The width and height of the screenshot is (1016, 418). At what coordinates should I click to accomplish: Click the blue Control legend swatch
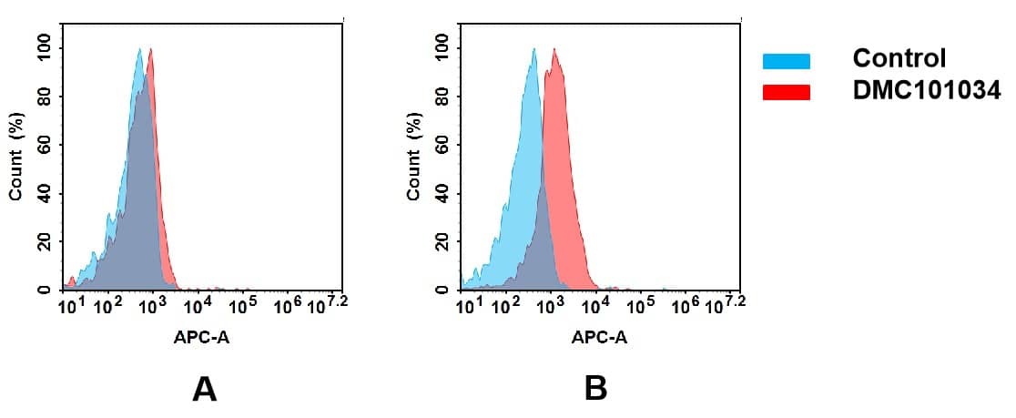pyautogui.click(x=786, y=60)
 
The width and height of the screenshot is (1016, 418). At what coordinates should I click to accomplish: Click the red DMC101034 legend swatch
pyautogui.click(x=786, y=91)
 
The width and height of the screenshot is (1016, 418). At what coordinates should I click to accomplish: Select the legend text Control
pyautogui.click(x=899, y=59)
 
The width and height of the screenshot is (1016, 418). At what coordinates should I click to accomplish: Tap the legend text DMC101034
pyautogui.click(x=926, y=89)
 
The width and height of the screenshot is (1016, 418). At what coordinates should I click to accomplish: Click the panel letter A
pyautogui.click(x=204, y=389)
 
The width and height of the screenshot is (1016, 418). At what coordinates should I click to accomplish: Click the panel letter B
pyautogui.click(x=595, y=389)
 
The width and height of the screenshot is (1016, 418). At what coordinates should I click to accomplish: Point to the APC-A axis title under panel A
pyautogui.click(x=201, y=337)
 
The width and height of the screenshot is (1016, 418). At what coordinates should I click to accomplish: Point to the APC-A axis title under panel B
pyautogui.click(x=599, y=337)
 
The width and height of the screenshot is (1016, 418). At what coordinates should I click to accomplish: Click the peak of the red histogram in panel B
pyautogui.click(x=554, y=50)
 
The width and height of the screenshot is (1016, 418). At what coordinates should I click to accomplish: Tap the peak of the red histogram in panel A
pyautogui.click(x=150, y=50)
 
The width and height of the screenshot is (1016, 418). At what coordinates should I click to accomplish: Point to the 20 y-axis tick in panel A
pyautogui.click(x=45, y=242)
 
